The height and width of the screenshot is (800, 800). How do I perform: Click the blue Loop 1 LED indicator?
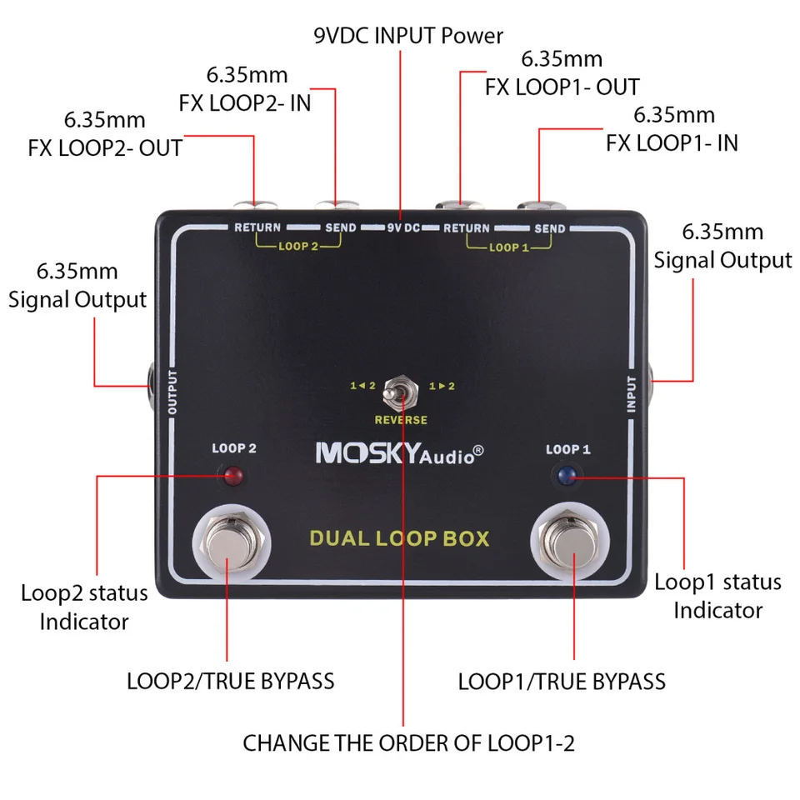coord(568,476)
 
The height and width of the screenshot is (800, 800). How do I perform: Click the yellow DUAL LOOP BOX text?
coord(399,537)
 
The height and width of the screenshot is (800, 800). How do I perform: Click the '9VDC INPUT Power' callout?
coord(408,36)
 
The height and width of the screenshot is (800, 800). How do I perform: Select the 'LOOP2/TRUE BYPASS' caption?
coord(230,681)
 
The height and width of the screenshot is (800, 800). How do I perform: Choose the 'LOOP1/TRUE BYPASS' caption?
coord(562,681)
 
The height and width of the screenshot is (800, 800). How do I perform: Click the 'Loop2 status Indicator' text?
coord(84,607)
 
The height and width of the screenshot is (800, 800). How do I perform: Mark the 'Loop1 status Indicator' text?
coord(717,595)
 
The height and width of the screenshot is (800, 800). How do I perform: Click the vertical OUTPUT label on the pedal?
coord(173,392)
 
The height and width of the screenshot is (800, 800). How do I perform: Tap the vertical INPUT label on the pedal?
coord(630,393)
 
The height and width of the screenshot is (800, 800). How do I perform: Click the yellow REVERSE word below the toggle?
coord(401,420)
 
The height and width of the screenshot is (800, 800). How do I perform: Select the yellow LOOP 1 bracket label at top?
coord(509,247)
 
